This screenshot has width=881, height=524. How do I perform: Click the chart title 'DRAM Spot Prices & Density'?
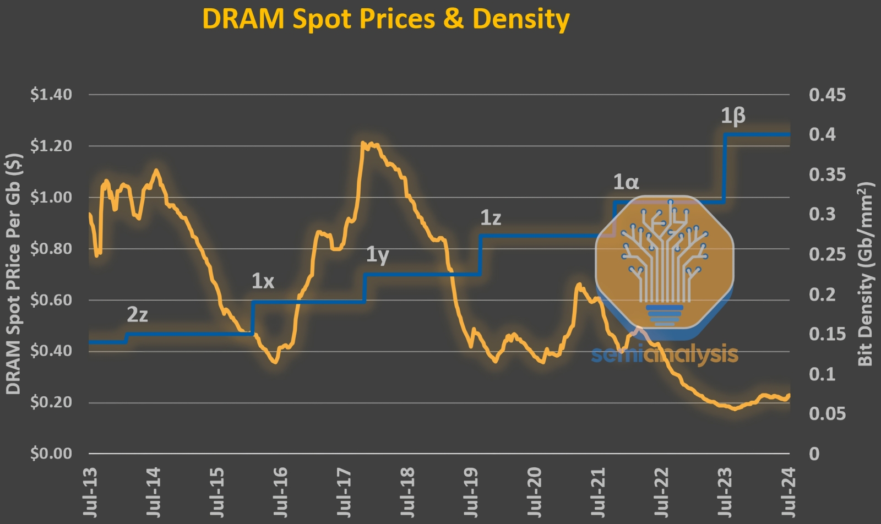[385, 19]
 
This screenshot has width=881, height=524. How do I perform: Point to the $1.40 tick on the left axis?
[51, 95]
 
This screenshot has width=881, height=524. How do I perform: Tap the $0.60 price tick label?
[51, 300]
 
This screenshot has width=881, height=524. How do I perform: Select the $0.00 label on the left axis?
[51, 454]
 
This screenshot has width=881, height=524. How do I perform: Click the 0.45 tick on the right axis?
[827, 95]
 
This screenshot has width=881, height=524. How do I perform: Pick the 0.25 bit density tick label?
[827, 254]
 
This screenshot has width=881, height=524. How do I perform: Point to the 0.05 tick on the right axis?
[827, 414]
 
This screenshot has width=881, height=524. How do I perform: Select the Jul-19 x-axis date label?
[471, 492]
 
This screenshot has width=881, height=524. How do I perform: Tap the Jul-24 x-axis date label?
[788, 492]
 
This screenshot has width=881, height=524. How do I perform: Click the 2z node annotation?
[137, 315]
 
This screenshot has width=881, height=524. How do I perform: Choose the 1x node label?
[263, 282]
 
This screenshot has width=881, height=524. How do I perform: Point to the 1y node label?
[378, 255]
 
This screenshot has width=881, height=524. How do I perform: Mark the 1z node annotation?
[491, 218]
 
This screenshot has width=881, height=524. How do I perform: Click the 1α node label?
[626, 182]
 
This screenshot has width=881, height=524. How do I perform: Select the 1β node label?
[733, 116]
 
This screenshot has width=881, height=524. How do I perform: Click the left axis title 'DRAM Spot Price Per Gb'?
[13, 274]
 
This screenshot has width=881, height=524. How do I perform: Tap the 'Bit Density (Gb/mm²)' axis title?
[866, 274]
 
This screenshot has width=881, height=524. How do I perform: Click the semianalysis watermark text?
[665, 355]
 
